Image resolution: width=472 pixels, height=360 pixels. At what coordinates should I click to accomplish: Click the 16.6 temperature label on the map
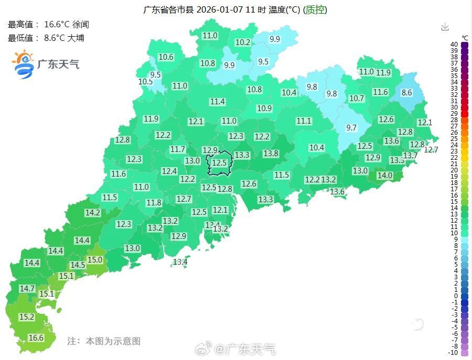click(36, 338)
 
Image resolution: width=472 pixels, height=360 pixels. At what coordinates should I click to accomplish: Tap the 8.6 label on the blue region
click(406, 93)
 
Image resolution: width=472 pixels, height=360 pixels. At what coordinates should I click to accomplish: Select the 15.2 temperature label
click(27, 317)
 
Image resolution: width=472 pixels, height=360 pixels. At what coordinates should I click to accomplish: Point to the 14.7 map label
click(27, 289)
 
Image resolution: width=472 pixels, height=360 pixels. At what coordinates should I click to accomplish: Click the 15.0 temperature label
click(95, 260)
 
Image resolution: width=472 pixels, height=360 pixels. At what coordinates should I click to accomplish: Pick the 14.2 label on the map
click(93, 213)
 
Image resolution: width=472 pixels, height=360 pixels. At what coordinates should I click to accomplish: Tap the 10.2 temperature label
click(243, 42)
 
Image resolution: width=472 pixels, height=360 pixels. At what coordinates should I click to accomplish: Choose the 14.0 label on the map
click(385, 176)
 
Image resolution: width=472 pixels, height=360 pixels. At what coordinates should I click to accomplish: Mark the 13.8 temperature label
click(271, 154)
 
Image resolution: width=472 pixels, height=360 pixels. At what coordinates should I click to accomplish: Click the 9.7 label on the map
click(351, 128)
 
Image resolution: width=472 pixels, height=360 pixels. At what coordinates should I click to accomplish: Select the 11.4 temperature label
click(217, 102)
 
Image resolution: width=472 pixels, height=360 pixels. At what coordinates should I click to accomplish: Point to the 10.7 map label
click(357, 98)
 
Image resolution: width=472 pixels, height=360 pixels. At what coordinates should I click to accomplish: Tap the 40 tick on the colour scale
click(454, 45)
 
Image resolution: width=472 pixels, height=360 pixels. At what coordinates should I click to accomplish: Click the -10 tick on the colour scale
click(454, 352)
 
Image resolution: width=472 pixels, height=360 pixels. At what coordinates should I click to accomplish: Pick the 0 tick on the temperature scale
click(455, 296)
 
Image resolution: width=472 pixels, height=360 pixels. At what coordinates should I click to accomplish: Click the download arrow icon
click(445, 27)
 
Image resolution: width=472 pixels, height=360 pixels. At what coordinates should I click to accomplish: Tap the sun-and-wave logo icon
click(23, 64)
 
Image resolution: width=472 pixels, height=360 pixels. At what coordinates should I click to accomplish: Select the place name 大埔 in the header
click(76, 38)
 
